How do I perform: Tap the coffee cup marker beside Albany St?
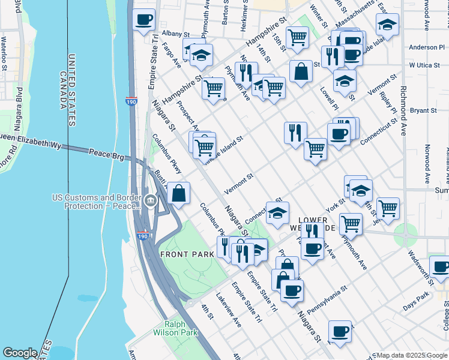tap(144, 20)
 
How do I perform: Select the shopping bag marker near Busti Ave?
tap(179, 194)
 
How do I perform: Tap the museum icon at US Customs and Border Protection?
tap(151, 202)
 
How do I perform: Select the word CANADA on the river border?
tap(62, 91)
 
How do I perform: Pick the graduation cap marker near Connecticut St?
tap(277, 214)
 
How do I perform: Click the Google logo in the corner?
tap(20, 353)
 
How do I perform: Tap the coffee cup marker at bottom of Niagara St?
tap(340, 332)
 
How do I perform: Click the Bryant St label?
tap(423, 110)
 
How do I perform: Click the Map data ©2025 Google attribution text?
tap(411, 355)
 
